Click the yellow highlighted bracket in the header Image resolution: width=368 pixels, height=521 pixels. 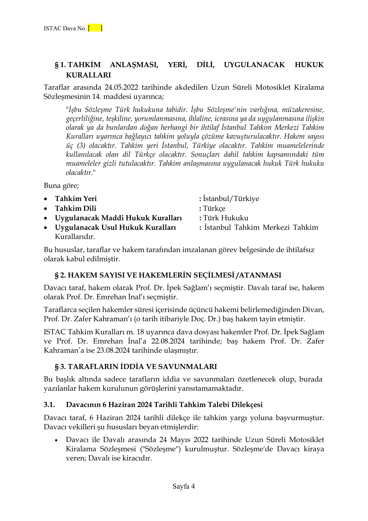[95, 28]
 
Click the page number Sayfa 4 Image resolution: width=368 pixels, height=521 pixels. [184, 486]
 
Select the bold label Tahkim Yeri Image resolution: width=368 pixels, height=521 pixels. [76, 199]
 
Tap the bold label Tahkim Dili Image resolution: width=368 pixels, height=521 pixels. [75, 208]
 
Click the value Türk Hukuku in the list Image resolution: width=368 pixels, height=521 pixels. [225, 218]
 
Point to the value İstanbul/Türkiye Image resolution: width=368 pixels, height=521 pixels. [231, 199]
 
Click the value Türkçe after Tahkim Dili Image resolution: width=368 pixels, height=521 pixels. [214, 208]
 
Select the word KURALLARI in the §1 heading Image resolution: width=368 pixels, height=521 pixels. [88, 75]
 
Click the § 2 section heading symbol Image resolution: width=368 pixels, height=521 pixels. [57, 275]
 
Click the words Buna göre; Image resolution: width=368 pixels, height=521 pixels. [61, 186]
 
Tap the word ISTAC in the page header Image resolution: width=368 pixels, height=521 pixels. [52, 28]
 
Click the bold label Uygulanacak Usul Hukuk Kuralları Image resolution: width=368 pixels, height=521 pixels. [115, 227]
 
